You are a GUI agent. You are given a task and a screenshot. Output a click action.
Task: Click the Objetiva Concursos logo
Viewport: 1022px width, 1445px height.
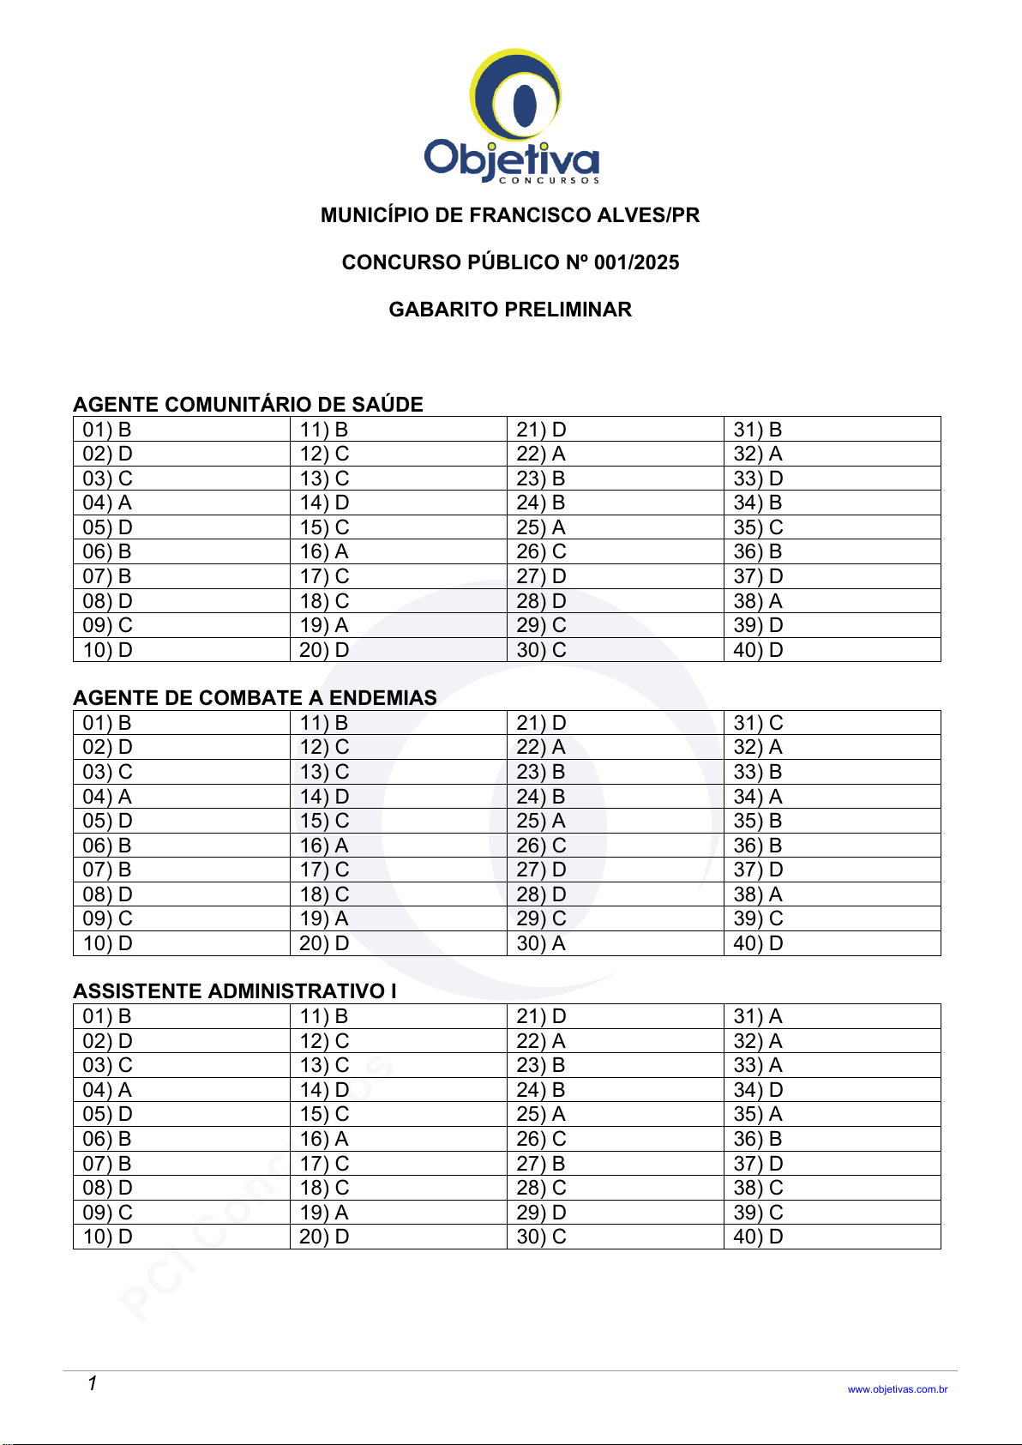pos(512,116)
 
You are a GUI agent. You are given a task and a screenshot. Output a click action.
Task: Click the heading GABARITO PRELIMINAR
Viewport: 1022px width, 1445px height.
pos(510,310)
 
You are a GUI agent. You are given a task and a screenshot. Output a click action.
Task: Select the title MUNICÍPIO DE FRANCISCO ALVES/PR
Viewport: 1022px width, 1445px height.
pos(510,215)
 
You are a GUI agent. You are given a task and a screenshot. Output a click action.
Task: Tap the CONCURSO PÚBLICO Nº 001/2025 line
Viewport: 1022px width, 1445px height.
pos(510,262)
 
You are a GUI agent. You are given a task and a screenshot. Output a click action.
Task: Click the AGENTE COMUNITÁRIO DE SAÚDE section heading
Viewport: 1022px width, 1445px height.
pos(248,405)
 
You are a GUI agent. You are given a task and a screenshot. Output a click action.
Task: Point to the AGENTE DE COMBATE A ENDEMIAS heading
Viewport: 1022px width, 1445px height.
pos(255,698)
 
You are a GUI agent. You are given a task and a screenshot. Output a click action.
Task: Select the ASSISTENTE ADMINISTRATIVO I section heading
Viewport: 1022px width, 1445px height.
pos(235,991)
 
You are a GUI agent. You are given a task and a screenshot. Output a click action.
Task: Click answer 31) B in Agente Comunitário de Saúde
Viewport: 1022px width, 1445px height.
pos(758,430)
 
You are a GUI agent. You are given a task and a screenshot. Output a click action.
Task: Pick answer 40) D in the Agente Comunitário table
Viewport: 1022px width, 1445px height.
pos(758,650)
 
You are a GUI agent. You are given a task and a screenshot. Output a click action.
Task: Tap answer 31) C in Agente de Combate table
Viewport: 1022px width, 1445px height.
pos(758,723)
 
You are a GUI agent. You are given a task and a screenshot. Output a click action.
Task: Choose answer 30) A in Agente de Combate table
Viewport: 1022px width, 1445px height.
pos(541,943)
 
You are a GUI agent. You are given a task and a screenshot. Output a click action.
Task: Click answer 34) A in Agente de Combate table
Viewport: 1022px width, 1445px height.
pos(758,797)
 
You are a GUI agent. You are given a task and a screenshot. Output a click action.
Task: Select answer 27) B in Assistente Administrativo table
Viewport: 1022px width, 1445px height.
pos(541,1164)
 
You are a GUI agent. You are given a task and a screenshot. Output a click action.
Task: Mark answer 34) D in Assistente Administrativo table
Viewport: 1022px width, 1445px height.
pos(758,1090)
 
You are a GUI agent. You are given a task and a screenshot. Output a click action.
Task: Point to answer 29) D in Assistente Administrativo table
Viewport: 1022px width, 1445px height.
pos(541,1213)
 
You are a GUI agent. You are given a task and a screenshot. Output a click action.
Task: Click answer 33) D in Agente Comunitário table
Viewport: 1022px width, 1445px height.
pos(758,479)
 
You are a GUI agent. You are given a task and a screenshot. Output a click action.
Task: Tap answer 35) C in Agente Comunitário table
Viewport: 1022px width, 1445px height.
pos(758,527)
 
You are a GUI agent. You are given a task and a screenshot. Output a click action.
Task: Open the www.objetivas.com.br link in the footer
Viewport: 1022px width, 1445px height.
pos(897,1389)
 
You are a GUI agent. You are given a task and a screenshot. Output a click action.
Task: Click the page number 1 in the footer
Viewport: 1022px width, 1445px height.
pos(92,1383)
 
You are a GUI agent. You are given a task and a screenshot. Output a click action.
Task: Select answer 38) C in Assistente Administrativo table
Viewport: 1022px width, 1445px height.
pos(758,1188)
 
